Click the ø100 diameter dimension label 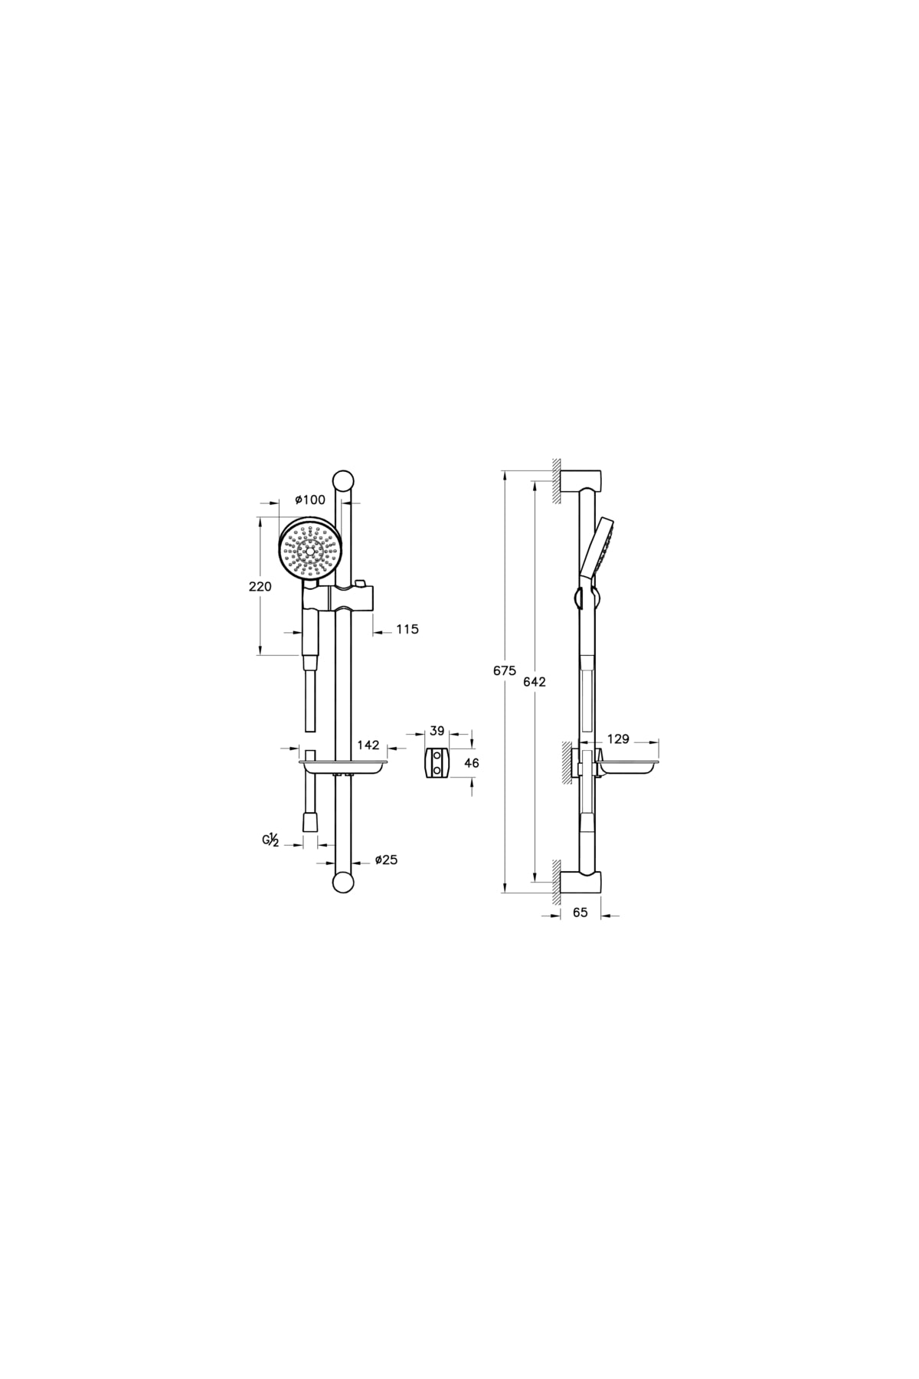tap(311, 500)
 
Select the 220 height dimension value tap(260, 587)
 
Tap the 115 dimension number tap(407, 629)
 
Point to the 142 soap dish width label tap(368, 745)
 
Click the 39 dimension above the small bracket tap(437, 731)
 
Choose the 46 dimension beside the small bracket tap(472, 763)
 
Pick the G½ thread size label tap(270, 841)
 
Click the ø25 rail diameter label tap(386, 860)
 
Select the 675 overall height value tap(505, 670)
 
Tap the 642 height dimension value tap(534, 682)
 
